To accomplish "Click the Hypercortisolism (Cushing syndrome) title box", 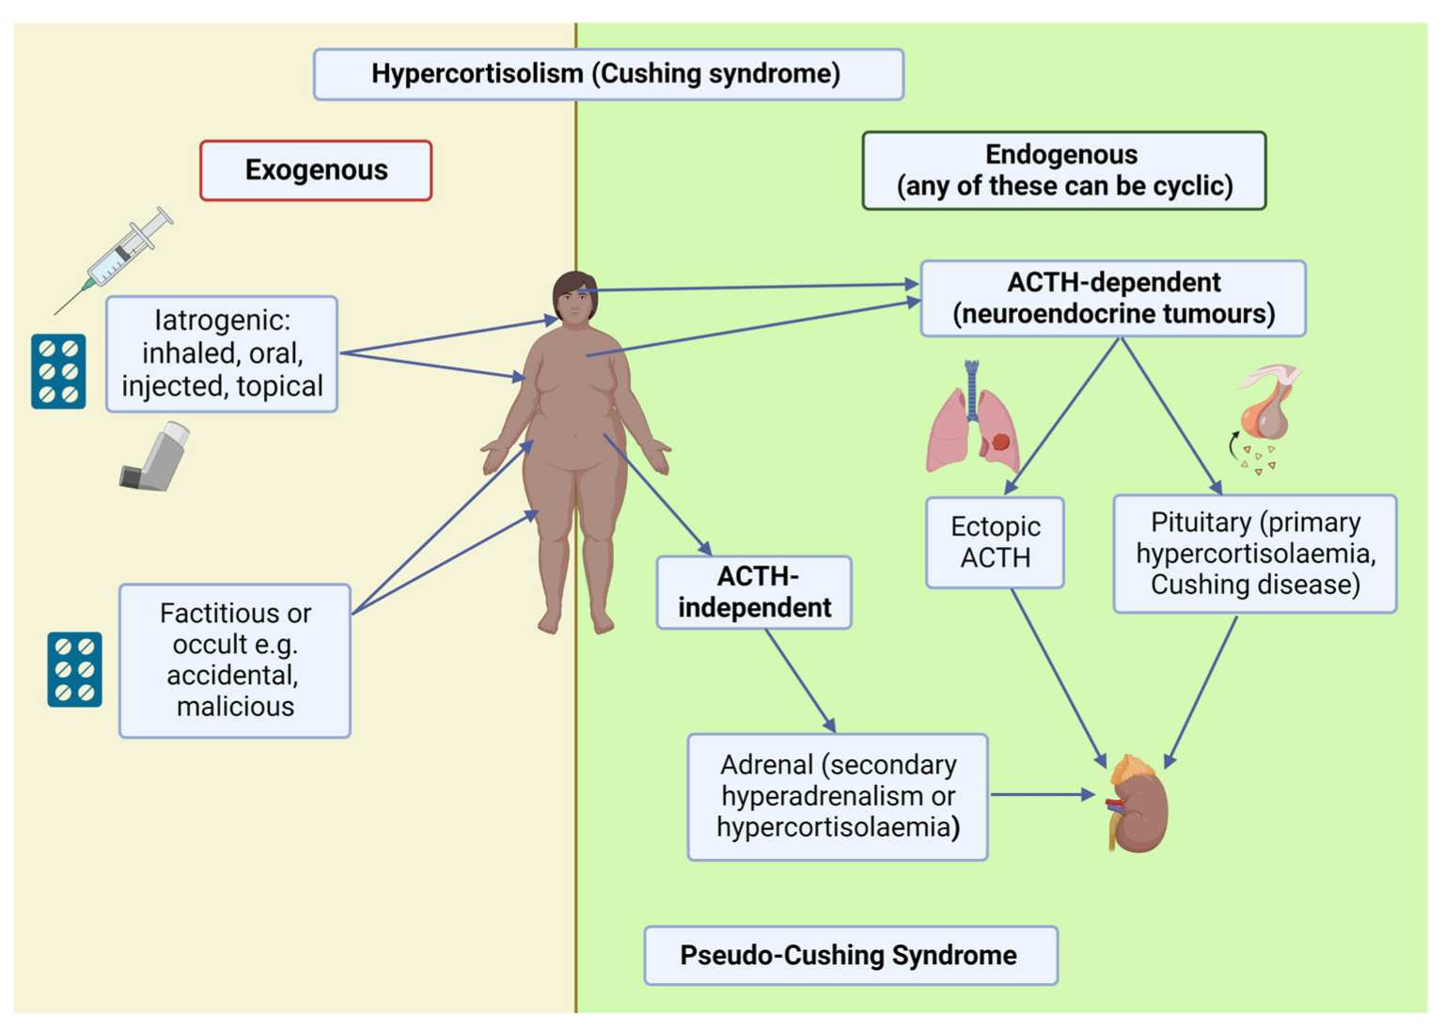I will coord(608,74).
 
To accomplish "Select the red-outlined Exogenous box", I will coord(316,170).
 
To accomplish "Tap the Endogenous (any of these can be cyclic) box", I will coord(1063,170).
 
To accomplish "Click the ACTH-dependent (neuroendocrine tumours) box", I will coord(1113,298).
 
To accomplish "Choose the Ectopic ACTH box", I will coord(995,542).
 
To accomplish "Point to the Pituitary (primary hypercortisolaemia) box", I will coord(1254,554).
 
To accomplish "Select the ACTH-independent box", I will coord(754,592).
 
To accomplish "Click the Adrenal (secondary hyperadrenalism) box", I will coord(837,796).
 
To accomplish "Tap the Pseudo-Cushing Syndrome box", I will coord(850,955).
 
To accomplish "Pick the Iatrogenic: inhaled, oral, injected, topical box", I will coord(222,353).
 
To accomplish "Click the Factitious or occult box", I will coord(235,660).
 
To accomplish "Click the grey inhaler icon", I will coord(156,457).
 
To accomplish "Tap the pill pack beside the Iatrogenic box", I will coord(58,371).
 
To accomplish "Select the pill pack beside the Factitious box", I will coord(74,669).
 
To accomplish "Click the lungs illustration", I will coord(974,419).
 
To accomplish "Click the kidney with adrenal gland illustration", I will coord(1138,804).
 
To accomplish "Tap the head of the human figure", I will coord(574,296).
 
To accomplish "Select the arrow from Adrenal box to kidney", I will coord(1042,795).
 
